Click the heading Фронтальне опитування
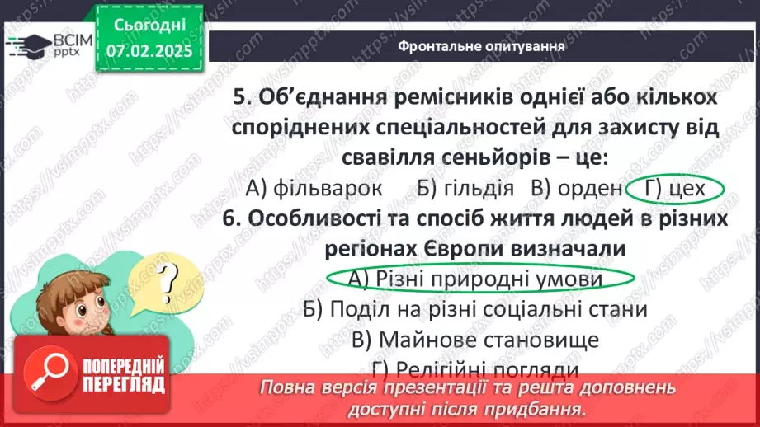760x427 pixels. (x=481, y=46)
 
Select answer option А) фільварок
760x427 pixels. (x=314, y=188)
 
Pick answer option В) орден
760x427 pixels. (x=577, y=188)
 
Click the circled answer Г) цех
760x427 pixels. (x=675, y=189)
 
